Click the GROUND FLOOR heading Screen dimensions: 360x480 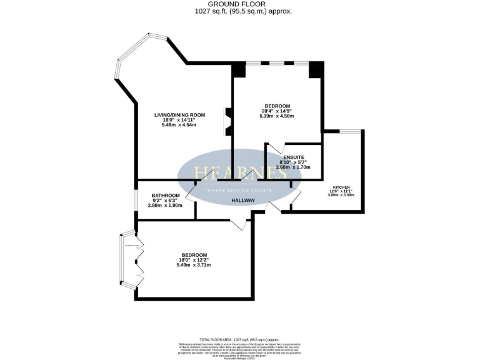point(241,4)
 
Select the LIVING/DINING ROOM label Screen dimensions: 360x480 point(180,115)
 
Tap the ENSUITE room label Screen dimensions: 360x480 point(294,157)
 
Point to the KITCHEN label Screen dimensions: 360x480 point(341,187)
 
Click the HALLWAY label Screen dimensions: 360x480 point(243,201)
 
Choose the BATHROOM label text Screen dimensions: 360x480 point(165,196)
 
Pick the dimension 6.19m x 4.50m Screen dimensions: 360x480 point(276,116)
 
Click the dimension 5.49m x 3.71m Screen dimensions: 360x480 point(194,265)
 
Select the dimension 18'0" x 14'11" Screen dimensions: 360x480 point(180,120)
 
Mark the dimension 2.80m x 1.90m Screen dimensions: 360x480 point(165,206)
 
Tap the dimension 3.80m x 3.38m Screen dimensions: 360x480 point(341,195)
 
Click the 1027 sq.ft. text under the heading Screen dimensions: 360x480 point(241,11)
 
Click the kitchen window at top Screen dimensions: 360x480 point(350,131)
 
